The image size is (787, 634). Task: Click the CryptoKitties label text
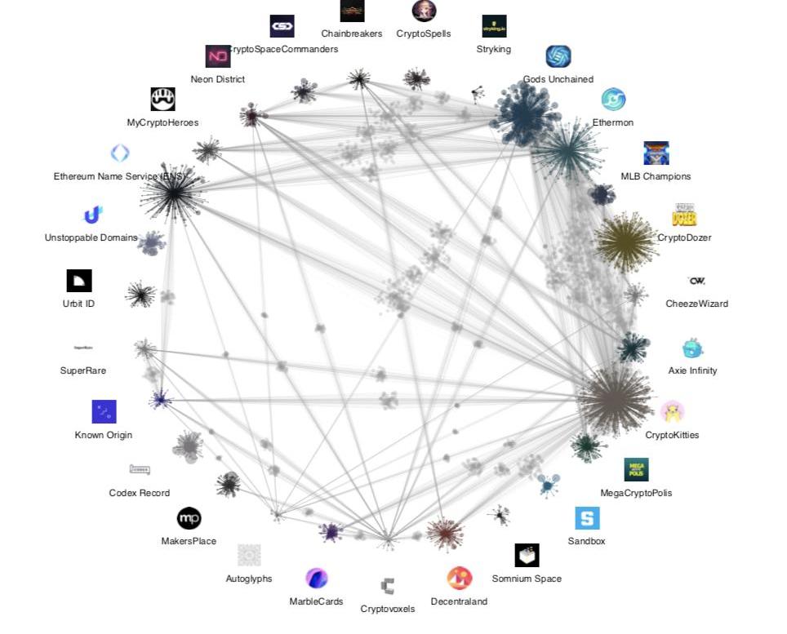coord(672,435)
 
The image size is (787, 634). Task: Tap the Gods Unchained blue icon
coord(558,56)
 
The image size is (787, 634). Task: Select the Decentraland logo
coord(460,579)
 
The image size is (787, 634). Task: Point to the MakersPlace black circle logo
coord(189,518)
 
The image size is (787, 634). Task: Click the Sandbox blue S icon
coord(587,518)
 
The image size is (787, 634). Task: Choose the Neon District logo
coord(218,56)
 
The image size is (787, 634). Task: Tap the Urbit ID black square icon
coord(79,281)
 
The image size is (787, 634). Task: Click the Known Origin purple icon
coord(104,411)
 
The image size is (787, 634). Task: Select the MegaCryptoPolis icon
coord(636,469)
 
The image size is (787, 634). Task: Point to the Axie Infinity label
coord(692,370)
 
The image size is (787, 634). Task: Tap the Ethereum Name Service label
coord(120,176)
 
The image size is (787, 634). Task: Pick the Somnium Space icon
coord(527,555)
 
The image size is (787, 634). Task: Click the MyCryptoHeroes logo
coord(162,100)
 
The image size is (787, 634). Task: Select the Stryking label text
coord(493,49)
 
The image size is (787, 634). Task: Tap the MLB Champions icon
coord(656,153)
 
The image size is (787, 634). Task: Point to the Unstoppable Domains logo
coord(92,215)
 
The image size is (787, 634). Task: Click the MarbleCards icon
coord(316,579)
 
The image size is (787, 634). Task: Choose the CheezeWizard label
coord(696,304)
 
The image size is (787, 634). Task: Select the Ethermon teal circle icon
coord(613,100)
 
